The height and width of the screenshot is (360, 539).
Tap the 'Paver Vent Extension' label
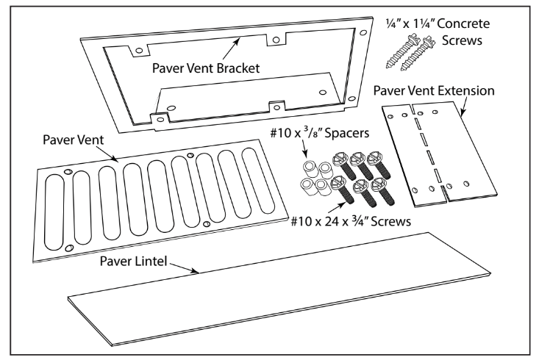point(433,90)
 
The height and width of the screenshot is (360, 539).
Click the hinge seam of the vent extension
point(425,154)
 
